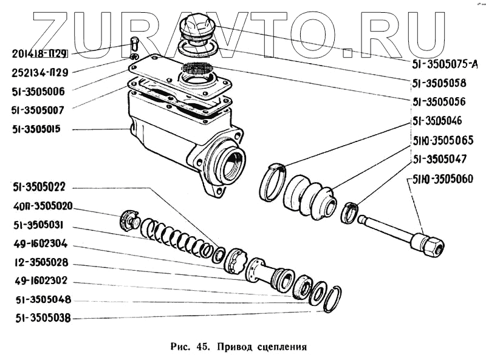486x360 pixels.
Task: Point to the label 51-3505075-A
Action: tap(445, 62)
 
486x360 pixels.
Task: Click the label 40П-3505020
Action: tap(43, 206)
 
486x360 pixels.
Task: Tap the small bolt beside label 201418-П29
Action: tap(135, 44)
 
